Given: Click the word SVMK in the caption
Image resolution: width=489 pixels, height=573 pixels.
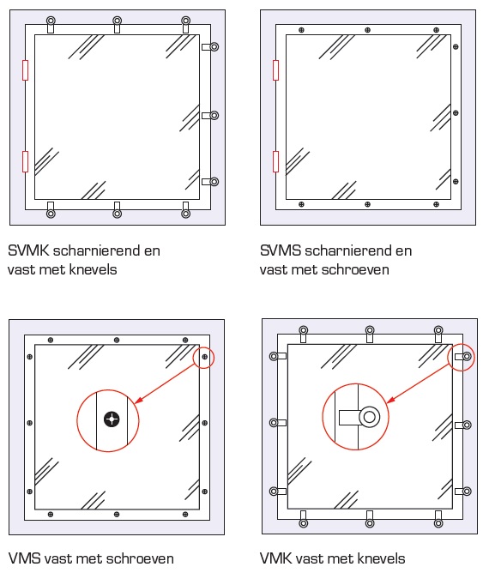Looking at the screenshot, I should [x=27, y=251].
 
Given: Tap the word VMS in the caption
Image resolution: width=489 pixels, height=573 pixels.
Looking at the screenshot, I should [x=23, y=558].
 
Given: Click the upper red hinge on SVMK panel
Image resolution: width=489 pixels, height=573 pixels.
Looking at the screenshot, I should [x=26, y=70].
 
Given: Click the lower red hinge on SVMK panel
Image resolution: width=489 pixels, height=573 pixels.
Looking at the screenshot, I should [x=26, y=160].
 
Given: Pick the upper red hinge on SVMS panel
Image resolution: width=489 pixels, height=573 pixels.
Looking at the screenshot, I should [x=275, y=70].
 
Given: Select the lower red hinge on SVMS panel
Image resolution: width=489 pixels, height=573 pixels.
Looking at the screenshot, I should [x=275, y=160].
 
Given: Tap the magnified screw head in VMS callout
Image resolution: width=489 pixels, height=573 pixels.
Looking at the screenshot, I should [x=111, y=419].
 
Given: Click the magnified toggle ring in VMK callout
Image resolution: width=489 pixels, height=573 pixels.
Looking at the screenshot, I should [x=369, y=417].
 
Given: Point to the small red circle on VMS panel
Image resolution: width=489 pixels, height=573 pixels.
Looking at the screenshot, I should [x=204, y=356].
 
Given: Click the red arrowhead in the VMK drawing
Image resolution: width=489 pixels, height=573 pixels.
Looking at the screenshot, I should [x=392, y=399].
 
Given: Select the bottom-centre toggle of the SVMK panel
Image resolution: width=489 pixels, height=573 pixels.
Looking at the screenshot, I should [x=118, y=210].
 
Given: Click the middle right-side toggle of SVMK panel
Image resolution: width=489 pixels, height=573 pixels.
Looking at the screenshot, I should [x=213, y=115].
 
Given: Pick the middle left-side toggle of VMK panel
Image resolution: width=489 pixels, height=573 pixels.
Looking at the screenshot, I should [x=275, y=422].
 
